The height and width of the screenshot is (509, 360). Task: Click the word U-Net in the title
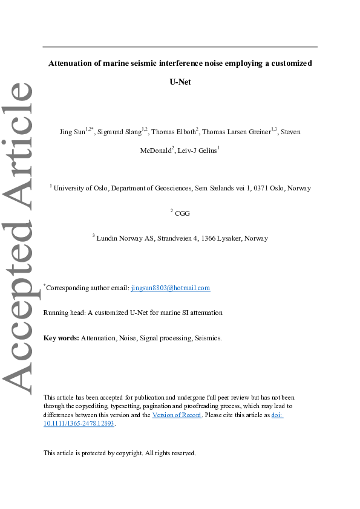click(180, 82)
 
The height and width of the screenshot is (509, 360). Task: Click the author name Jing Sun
click(72, 132)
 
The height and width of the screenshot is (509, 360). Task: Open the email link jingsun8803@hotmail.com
click(171, 288)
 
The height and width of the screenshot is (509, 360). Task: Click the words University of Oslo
click(81, 188)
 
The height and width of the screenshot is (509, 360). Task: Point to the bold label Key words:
click(62, 338)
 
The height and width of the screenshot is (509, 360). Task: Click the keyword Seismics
click(208, 338)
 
